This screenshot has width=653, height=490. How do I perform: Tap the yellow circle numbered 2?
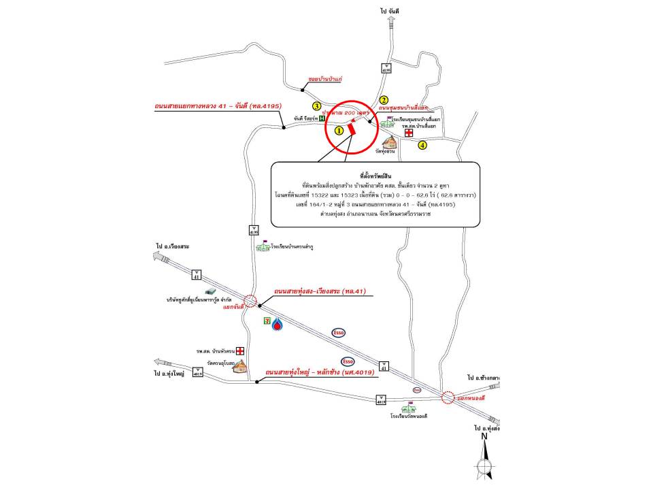[x=384, y=99]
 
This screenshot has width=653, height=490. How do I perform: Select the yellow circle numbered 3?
[x=316, y=106]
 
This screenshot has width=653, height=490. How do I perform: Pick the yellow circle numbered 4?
[x=422, y=145]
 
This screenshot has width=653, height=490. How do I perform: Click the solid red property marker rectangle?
[x=351, y=128]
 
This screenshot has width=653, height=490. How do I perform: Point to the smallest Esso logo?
[x=417, y=389]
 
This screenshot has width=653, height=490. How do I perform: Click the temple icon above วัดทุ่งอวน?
[x=390, y=141]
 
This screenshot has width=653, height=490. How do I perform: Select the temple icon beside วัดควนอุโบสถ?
[x=239, y=366]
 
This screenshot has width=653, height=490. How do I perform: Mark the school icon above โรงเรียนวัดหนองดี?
[x=407, y=408]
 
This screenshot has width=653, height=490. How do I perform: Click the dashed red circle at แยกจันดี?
[x=250, y=301]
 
